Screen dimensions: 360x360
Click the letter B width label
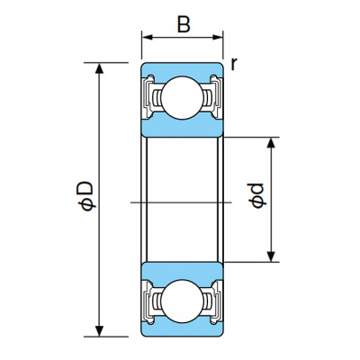click(184, 24)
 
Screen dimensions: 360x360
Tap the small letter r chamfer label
click(234, 64)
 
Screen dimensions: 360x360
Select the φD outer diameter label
click(86, 195)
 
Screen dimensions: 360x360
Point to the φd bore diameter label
click(257, 195)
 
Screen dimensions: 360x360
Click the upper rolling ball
click(182, 98)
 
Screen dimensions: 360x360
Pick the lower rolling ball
click(182, 301)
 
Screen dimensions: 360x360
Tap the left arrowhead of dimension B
click(148, 37)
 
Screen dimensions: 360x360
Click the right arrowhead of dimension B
click(217, 37)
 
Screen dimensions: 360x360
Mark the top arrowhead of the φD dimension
click(100, 68)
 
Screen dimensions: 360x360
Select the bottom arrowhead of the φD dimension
click(100, 331)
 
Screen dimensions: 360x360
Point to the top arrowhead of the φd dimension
click(271, 143)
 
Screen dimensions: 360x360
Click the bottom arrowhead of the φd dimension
click(271, 256)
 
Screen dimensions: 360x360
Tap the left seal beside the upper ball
click(148, 96)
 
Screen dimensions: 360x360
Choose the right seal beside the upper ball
click(215, 96)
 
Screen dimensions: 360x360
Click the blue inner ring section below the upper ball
click(182, 129)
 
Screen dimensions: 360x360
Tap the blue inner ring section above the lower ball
click(182, 271)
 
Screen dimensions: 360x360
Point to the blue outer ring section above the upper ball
click(182, 69)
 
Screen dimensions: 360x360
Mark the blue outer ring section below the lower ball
click(182, 329)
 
